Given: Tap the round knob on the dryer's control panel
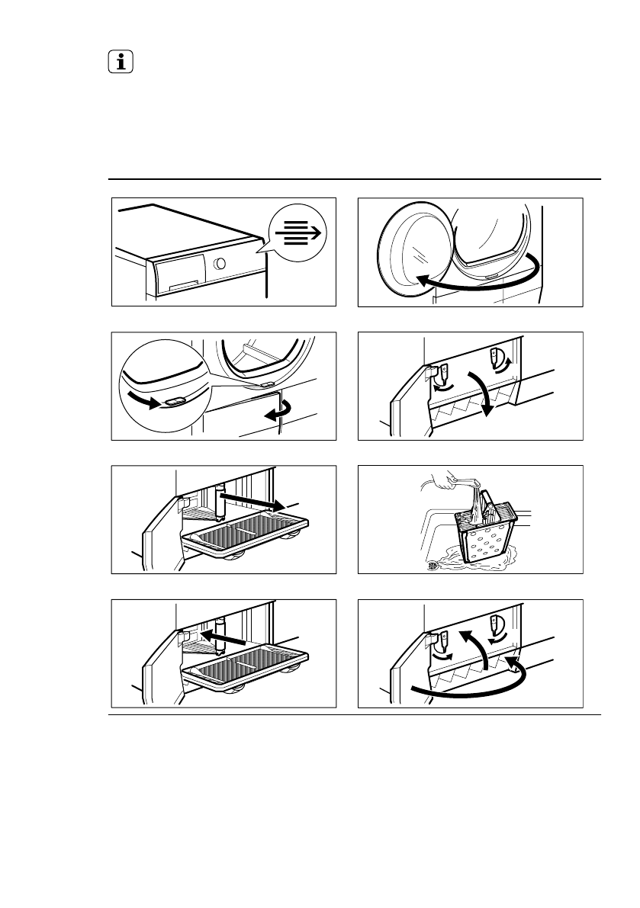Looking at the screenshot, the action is click(220, 262).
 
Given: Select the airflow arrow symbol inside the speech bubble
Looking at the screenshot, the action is click(297, 233).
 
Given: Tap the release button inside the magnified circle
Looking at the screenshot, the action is click(173, 402).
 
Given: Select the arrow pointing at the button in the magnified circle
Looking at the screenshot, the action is click(143, 399).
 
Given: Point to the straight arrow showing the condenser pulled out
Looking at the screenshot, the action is click(252, 500).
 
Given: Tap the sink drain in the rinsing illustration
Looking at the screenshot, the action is click(433, 564).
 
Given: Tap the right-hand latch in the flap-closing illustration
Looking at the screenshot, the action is click(497, 624).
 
